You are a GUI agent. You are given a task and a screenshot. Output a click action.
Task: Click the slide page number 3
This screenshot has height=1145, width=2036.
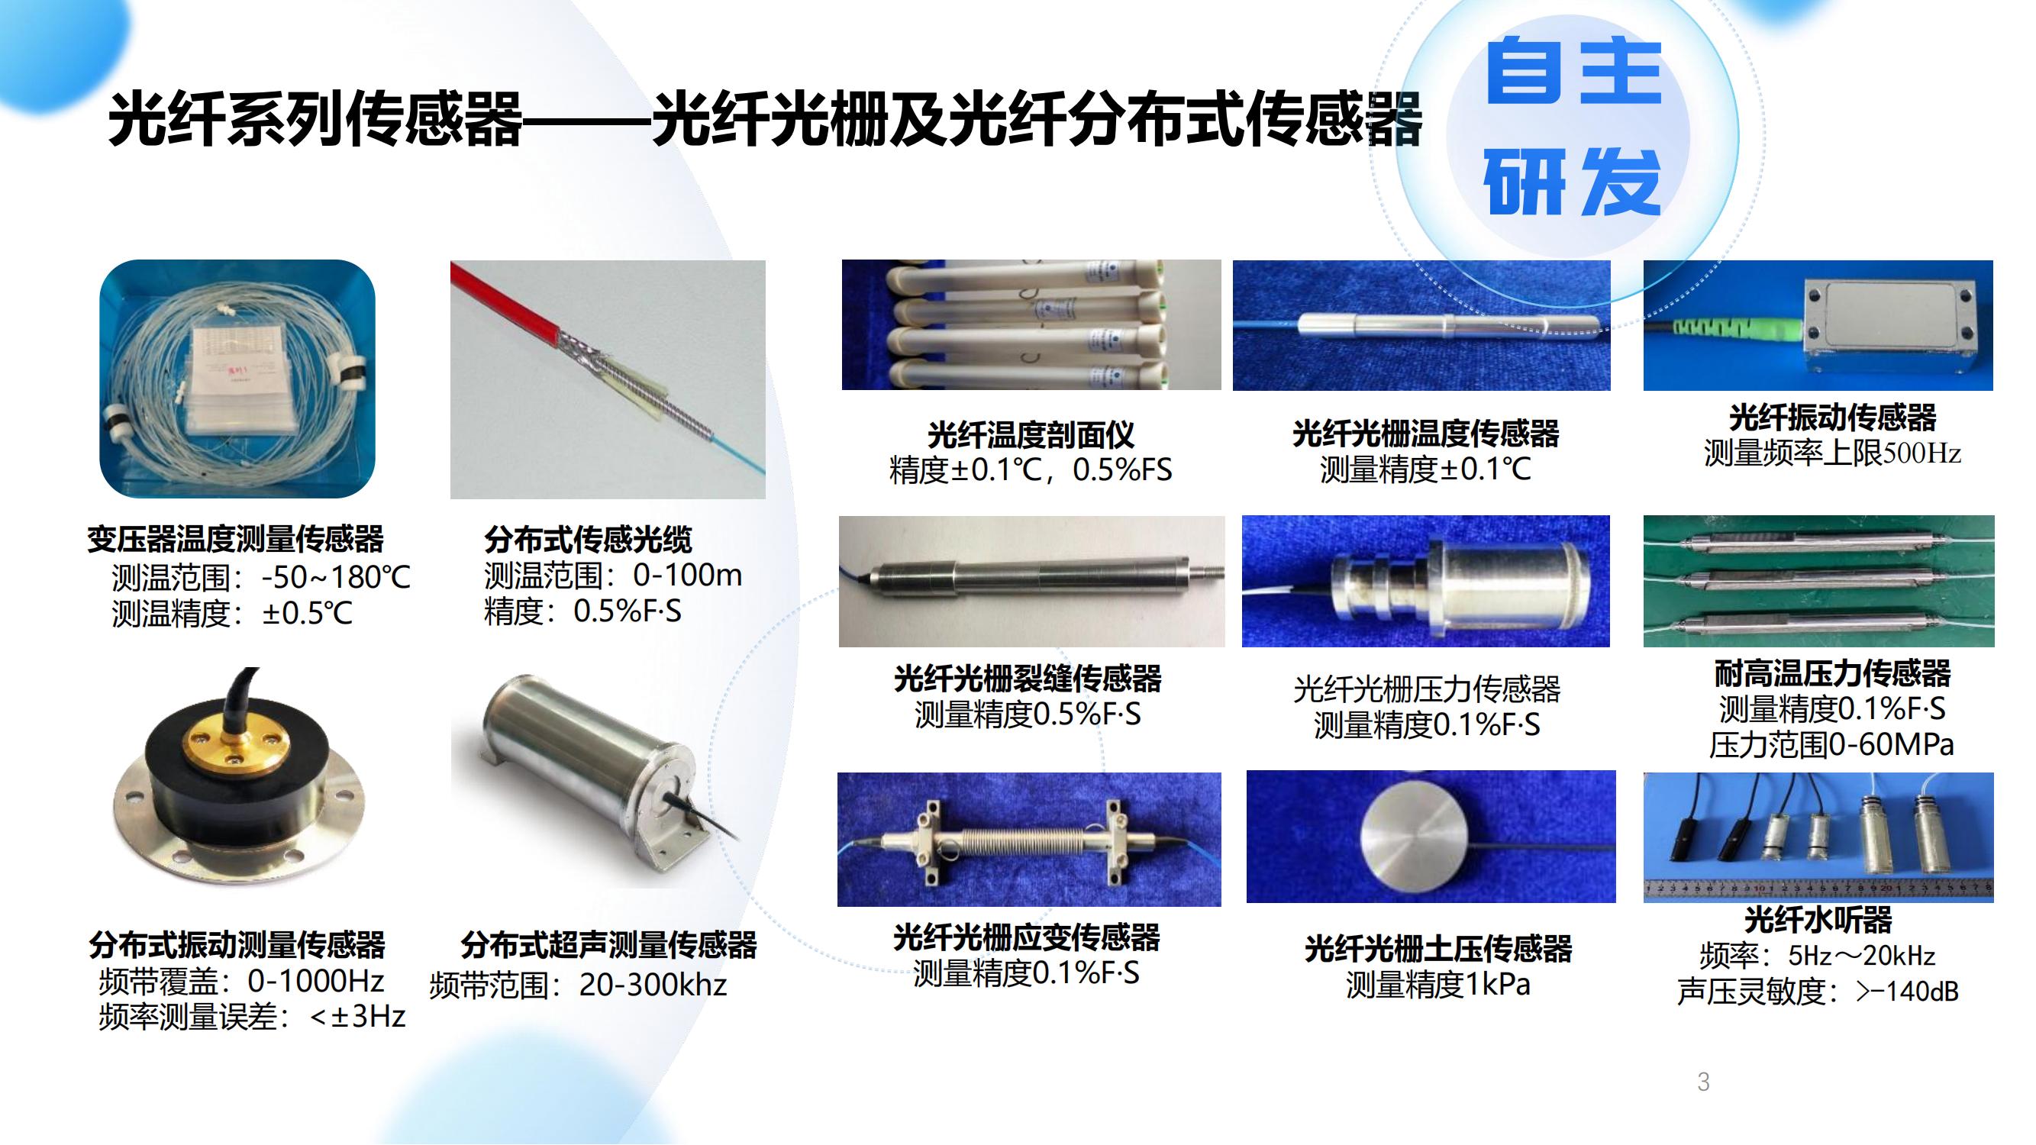click(x=1703, y=1082)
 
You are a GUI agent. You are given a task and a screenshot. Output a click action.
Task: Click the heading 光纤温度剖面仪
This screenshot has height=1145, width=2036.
click(x=1031, y=434)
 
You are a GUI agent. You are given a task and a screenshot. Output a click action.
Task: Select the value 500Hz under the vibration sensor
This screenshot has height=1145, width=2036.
click(x=1922, y=453)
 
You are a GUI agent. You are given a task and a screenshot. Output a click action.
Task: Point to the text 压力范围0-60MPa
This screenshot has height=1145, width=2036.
click(x=1831, y=744)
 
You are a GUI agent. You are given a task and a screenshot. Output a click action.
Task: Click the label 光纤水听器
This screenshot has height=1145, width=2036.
click(x=1818, y=919)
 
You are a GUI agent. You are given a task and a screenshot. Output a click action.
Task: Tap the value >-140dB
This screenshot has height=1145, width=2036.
click(x=1907, y=991)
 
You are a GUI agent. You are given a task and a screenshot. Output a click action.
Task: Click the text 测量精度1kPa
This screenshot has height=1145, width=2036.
click(x=1437, y=985)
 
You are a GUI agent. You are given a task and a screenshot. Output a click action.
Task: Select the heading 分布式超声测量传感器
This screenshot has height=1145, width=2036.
click(x=608, y=944)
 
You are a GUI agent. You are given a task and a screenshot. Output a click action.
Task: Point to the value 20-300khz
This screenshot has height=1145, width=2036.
click(x=653, y=985)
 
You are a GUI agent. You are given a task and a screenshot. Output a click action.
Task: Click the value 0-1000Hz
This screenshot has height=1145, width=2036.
click(x=316, y=981)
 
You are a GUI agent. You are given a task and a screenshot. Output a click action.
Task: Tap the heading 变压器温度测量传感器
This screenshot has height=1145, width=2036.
click(x=236, y=539)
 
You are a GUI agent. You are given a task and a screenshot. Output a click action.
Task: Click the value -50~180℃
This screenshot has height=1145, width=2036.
click(x=336, y=578)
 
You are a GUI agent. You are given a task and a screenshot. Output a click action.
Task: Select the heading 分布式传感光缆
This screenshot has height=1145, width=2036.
click(x=588, y=540)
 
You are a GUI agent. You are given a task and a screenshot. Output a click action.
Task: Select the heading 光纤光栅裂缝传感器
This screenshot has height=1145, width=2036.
click(x=1028, y=678)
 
